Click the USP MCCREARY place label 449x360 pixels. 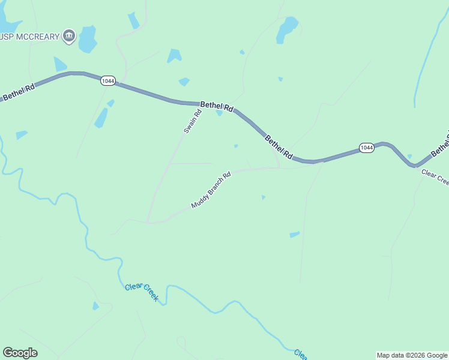coord(30,37)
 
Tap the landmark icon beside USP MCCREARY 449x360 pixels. coord(69,37)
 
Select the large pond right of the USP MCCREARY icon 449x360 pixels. coord(88,39)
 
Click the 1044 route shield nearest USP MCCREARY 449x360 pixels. coord(108,81)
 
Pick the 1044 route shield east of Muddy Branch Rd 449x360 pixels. coord(367,148)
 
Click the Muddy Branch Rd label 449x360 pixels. coord(211,191)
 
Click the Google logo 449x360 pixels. coord(20,353)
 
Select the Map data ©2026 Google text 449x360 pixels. coord(412,355)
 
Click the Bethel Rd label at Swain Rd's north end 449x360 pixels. coord(216,106)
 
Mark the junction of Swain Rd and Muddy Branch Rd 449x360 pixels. coord(148,222)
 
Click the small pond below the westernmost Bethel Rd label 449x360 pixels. coord(22,134)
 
